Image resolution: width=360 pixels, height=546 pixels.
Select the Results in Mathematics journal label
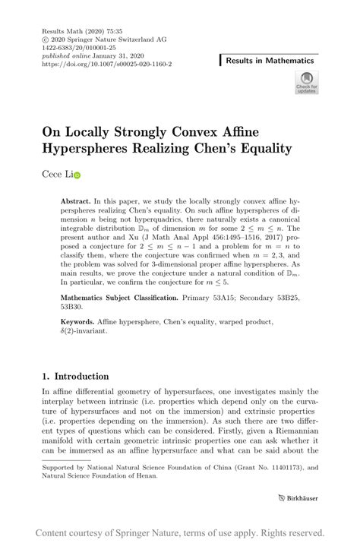click(x=270, y=60)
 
